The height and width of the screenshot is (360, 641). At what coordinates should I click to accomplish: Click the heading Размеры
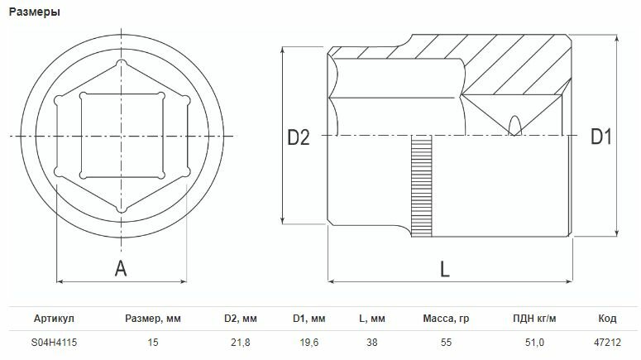pyautogui.click(x=35, y=12)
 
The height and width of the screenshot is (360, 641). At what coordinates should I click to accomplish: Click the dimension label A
pyautogui.click(x=121, y=267)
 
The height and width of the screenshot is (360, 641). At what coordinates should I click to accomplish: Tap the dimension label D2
pyautogui.click(x=298, y=138)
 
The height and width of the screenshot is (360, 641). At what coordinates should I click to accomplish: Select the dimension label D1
pyautogui.click(x=600, y=138)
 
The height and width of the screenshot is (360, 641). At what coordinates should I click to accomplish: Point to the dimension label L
pyautogui.click(x=444, y=269)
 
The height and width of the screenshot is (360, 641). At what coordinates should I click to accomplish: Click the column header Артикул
pyautogui.click(x=55, y=319)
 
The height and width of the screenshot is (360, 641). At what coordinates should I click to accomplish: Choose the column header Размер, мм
pyautogui.click(x=152, y=319)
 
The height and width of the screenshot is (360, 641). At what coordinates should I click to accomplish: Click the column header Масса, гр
pyautogui.click(x=446, y=319)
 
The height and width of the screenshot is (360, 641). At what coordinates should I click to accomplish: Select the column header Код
pyautogui.click(x=607, y=319)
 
